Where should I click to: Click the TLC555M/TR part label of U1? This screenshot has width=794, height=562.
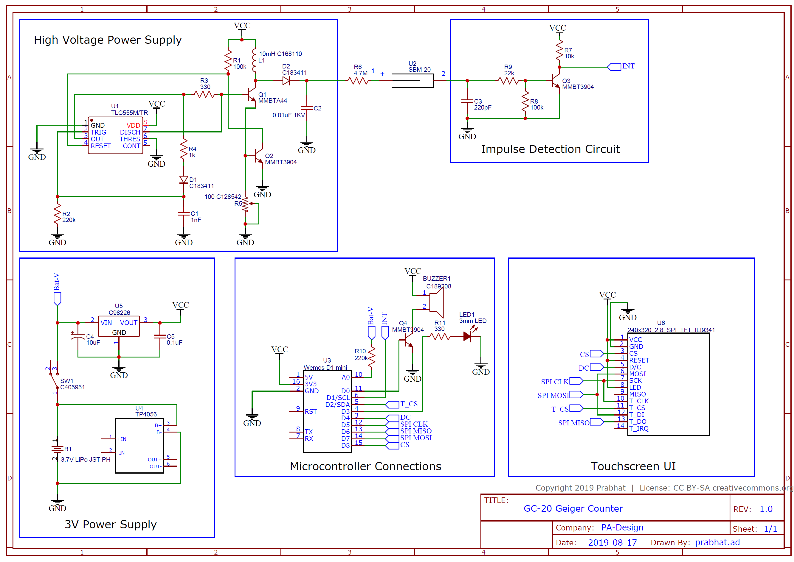click(x=129, y=113)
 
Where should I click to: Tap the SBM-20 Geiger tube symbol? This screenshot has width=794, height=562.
click(x=412, y=81)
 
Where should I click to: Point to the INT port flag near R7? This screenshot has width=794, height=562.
click(x=614, y=67)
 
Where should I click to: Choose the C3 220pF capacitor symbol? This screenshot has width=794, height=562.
click(x=467, y=101)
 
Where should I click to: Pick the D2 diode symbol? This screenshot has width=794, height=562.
click(x=286, y=81)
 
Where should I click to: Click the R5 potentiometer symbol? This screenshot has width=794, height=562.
click(x=246, y=204)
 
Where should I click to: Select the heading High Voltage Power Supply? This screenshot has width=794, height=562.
click(x=108, y=40)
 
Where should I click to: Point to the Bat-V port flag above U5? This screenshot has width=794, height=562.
click(x=58, y=298)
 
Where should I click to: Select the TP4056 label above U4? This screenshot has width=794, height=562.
click(x=146, y=414)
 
